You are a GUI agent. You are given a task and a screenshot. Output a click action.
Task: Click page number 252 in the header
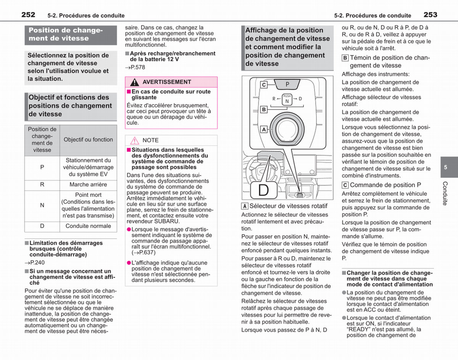click(x=28, y=15)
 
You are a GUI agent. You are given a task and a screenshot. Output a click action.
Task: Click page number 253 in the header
click(x=431, y=15)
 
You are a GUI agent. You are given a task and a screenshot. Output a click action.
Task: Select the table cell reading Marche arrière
click(x=88, y=185)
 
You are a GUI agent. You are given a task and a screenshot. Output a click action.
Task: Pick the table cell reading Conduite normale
click(x=88, y=226)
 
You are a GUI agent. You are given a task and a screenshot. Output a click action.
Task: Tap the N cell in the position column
click(x=42, y=205)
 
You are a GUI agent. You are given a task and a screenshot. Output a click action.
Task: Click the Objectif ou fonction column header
click(x=88, y=139)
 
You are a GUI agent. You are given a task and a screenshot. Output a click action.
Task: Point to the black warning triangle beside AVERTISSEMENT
click(x=134, y=82)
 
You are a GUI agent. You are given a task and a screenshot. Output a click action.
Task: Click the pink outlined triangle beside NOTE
click(x=134, y=140)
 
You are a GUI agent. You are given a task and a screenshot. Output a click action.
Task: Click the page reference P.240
click(x=35, y=263)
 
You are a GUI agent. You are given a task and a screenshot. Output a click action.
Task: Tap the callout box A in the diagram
click(x=264, y=129)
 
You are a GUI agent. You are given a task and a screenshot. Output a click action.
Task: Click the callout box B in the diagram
click(x=264, y=110)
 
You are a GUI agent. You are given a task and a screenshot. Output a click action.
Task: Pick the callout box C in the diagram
click(x=264, y=85)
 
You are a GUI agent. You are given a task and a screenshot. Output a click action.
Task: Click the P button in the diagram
click(x=287, y=84)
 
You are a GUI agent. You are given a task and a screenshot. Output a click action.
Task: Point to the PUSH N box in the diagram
click(x=287, y=100)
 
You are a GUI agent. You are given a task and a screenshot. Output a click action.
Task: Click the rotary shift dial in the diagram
click(x=287, y=129)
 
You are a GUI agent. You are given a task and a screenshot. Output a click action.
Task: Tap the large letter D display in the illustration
click(x=264, y=190)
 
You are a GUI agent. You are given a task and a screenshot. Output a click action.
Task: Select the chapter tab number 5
click(x=445, y=167)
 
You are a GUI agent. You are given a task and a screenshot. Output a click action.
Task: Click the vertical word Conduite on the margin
click(x=445, y=193)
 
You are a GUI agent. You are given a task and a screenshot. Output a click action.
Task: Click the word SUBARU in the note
click(x=167, y=221)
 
